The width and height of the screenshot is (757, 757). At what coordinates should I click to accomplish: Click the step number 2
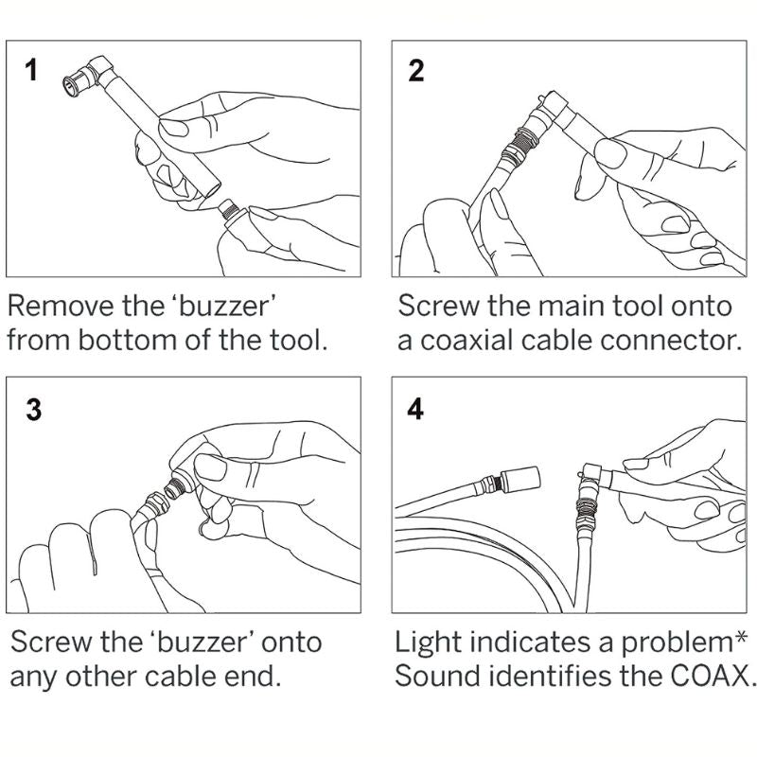[415, 71]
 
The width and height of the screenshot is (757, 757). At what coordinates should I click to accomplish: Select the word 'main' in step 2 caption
[567, 307]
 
